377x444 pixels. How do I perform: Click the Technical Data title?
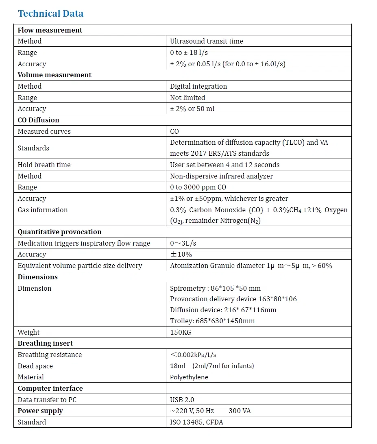[x=50, y=13]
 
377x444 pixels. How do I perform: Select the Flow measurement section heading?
[x=50, y=30]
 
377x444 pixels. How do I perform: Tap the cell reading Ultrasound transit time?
[x=206, y=41]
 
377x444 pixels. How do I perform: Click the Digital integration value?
[x=198, y=86]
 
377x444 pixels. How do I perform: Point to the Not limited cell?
[x=187, y=98]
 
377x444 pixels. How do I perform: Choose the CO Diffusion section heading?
[x=38, y=120]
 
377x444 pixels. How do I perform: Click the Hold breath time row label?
[x=44, y=165]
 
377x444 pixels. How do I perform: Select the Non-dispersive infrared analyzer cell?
[x=221, y=176]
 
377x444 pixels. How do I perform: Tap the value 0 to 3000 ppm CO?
[x=198, y=187]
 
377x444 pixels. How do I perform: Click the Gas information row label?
[x=43, y=210]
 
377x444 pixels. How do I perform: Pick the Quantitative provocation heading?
[x=59, y=232]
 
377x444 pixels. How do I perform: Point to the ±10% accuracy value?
[x=181, y=254]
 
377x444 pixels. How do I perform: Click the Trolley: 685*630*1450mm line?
[x=212, y=321]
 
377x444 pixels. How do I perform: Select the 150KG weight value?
[x=180, y=332]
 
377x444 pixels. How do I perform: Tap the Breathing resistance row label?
[x=50, y=355]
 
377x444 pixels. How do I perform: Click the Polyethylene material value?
[x=189, y=377]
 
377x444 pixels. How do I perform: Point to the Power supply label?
[x=40, y=411]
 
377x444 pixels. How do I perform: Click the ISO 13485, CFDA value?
[x=196, y=422]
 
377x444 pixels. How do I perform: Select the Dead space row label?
[x=35, y=366]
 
